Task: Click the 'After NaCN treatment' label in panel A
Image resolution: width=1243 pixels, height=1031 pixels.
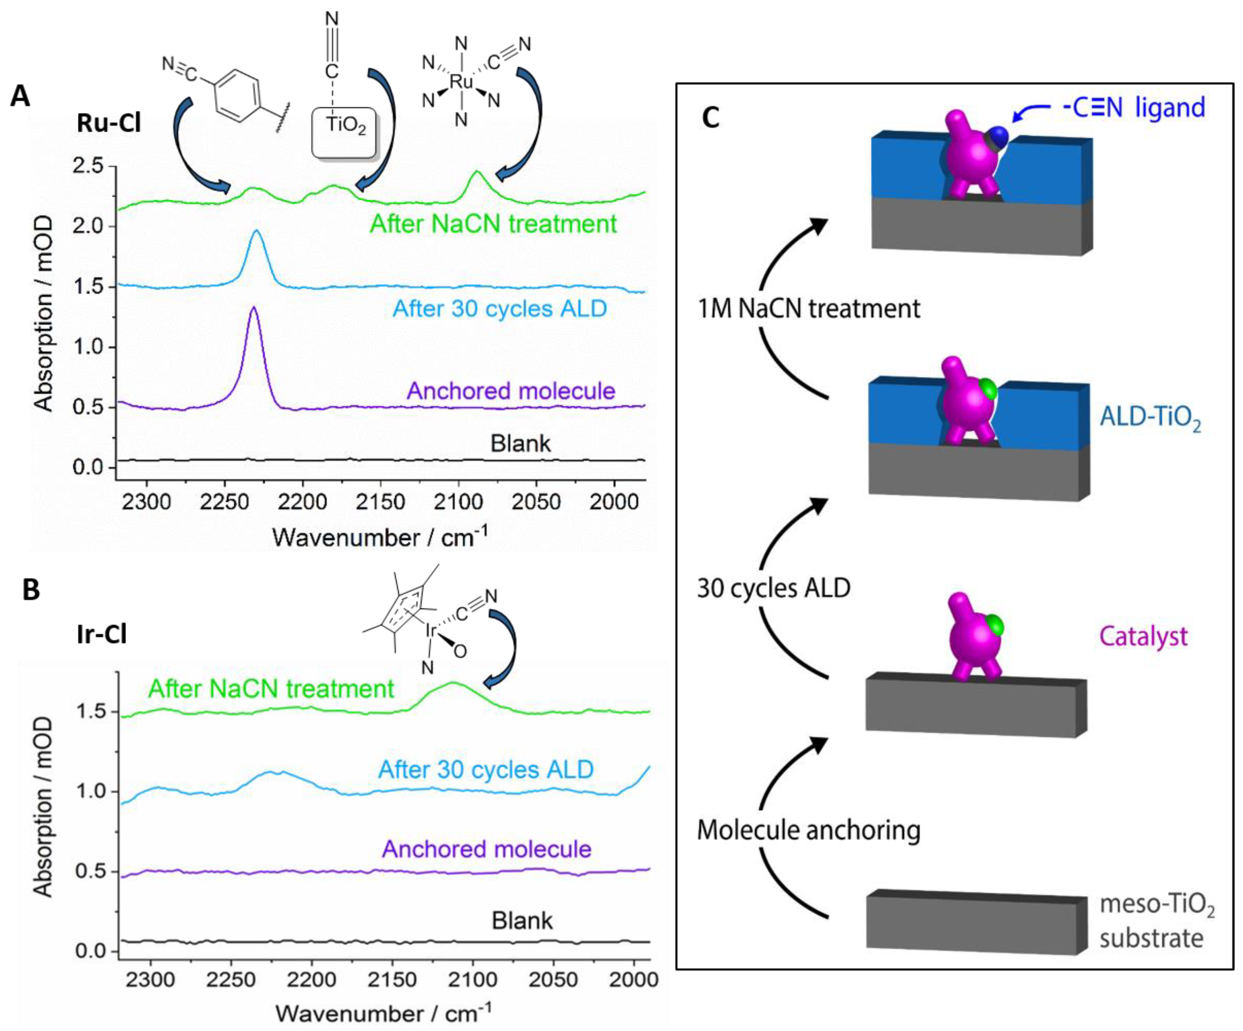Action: coord(493,224)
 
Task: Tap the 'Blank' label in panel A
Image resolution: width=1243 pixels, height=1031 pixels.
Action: coord(520,443)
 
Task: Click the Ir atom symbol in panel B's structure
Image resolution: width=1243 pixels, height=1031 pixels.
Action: coord(430,631)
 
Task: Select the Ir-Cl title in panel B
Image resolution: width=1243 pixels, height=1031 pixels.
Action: coord(102,635)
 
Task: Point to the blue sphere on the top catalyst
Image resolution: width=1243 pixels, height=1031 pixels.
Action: coord(999,137)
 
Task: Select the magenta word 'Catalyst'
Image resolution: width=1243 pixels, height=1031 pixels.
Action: coord(1143,636)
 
